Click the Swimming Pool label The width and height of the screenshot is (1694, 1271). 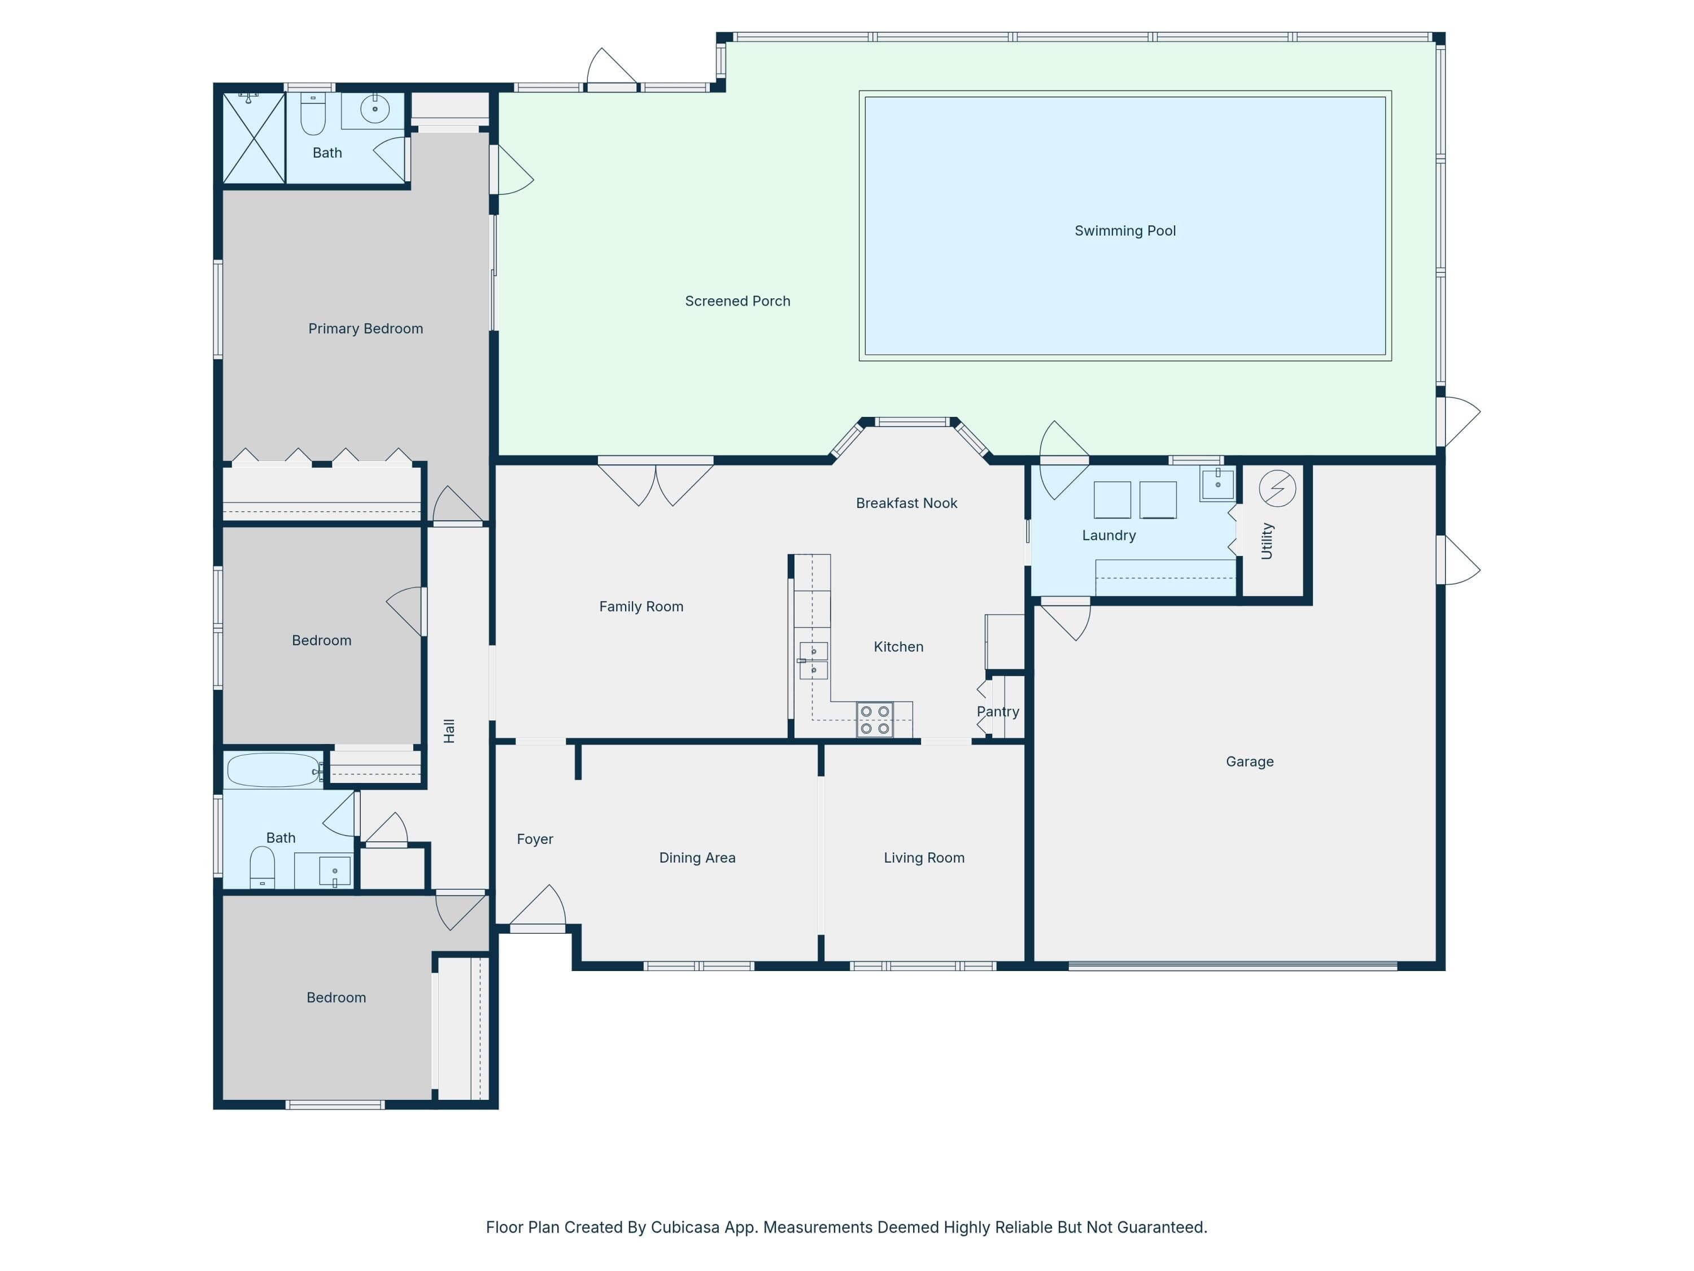[x=1124, y=230]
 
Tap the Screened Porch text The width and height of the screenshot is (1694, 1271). [x=737, y=301]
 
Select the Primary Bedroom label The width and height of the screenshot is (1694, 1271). [x=365, y=329]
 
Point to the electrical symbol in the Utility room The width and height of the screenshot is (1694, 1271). [x=1277, y=488]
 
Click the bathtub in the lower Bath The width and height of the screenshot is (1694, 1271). [x=273, y=770]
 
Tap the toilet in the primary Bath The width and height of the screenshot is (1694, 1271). [x=312, y=114]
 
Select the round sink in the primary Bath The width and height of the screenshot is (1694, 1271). [x=374, y=110]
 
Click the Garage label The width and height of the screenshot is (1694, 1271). [x=1250, y=761]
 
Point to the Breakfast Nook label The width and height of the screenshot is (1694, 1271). [x=907, y=503]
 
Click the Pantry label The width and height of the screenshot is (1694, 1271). [x=998, y=712]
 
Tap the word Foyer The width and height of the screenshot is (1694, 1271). [x=535, y=839]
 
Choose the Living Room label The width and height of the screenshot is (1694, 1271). [x=924, y=858]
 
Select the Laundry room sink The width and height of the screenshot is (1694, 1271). [x=1217, y=484]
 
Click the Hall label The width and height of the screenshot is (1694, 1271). [x=449, y=731]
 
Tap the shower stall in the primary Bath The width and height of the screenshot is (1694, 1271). [x=254, y=138]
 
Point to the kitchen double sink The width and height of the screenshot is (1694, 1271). [x=813, y=660]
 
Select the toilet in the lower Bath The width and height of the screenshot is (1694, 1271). [x=262, y=867]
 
